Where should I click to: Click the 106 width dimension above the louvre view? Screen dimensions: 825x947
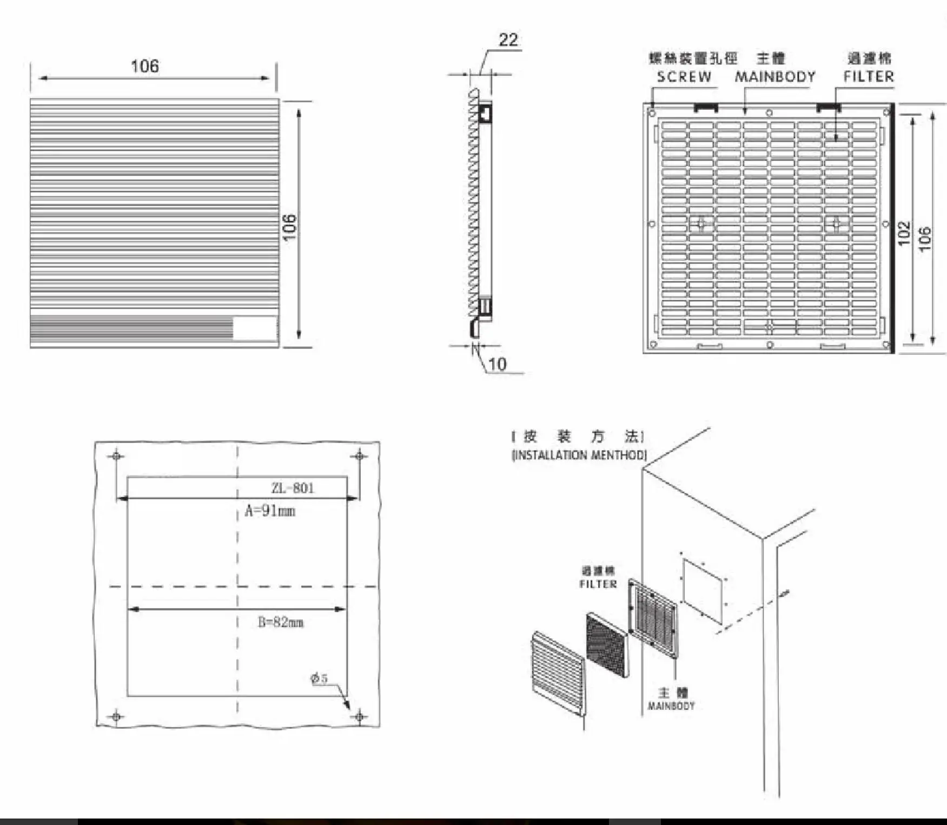tap(145, 66)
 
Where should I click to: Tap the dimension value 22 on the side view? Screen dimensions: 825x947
tap(508, 40)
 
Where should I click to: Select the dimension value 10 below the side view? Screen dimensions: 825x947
tap(497, 364)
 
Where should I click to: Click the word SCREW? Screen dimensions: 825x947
tap(684, 77)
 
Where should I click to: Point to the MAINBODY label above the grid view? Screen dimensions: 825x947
tap(774, 77)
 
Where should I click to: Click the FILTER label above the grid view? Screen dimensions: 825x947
tap(869, 76)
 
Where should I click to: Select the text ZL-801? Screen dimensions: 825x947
tap(293, 488)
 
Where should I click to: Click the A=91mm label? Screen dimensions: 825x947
tap(270, 511)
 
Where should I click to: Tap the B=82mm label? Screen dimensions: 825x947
tap(280, 622)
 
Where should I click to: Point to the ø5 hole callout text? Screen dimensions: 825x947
tap(319, 678)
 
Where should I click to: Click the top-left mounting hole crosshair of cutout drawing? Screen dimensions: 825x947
tap(116, 456)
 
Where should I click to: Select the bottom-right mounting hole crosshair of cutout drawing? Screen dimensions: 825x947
tap(359, 717)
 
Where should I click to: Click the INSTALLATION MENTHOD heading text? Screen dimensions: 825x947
tap(579, 455)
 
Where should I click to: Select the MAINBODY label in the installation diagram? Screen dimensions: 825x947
tap(671, 705)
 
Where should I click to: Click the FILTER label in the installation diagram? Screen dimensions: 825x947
tap(598, 584)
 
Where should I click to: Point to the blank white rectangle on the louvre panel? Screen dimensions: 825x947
tap(254, 328)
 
